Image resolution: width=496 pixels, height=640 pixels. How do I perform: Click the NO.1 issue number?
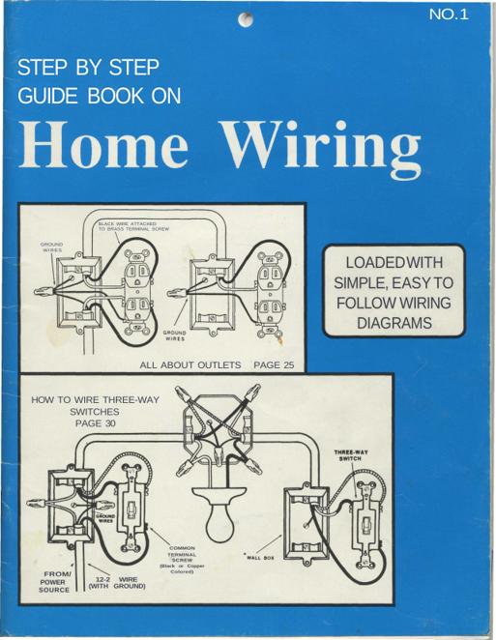tap(449, 15)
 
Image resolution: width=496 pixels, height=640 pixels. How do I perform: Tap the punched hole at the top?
tap(246, 19)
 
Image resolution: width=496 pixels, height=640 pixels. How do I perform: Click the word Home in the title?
tap(103, 144)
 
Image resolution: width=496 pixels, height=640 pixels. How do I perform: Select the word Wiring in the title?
tap(323, 150)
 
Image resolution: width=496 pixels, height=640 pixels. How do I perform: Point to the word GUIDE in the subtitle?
tap(47, 97)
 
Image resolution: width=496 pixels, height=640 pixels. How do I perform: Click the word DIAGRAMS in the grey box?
tap(394, 323)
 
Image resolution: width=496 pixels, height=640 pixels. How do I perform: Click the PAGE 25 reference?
tap(274, 364)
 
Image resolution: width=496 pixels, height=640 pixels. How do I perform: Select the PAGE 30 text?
tap(95, 423)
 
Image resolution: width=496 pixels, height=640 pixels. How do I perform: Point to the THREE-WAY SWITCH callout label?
tap(351, 455)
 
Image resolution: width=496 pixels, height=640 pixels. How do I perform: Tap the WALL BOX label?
tap(260, 558)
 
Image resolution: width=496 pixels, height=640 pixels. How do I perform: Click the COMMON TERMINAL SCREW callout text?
tap(182, 560)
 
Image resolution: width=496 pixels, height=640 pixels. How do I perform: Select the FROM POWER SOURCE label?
tap(54, 582)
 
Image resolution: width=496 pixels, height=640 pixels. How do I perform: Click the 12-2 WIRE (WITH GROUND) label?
tap(117, 583)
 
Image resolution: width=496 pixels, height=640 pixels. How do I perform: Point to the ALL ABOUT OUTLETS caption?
tap(190, 364)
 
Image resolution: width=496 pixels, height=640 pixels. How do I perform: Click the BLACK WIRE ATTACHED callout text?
tap(133, 226)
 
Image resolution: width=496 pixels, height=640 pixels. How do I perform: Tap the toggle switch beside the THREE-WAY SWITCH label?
tap(366, 525)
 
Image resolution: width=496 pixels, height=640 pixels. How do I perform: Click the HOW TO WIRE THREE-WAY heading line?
tap(95, 399)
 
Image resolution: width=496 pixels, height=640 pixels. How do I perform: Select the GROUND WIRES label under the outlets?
tap(174, 335)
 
